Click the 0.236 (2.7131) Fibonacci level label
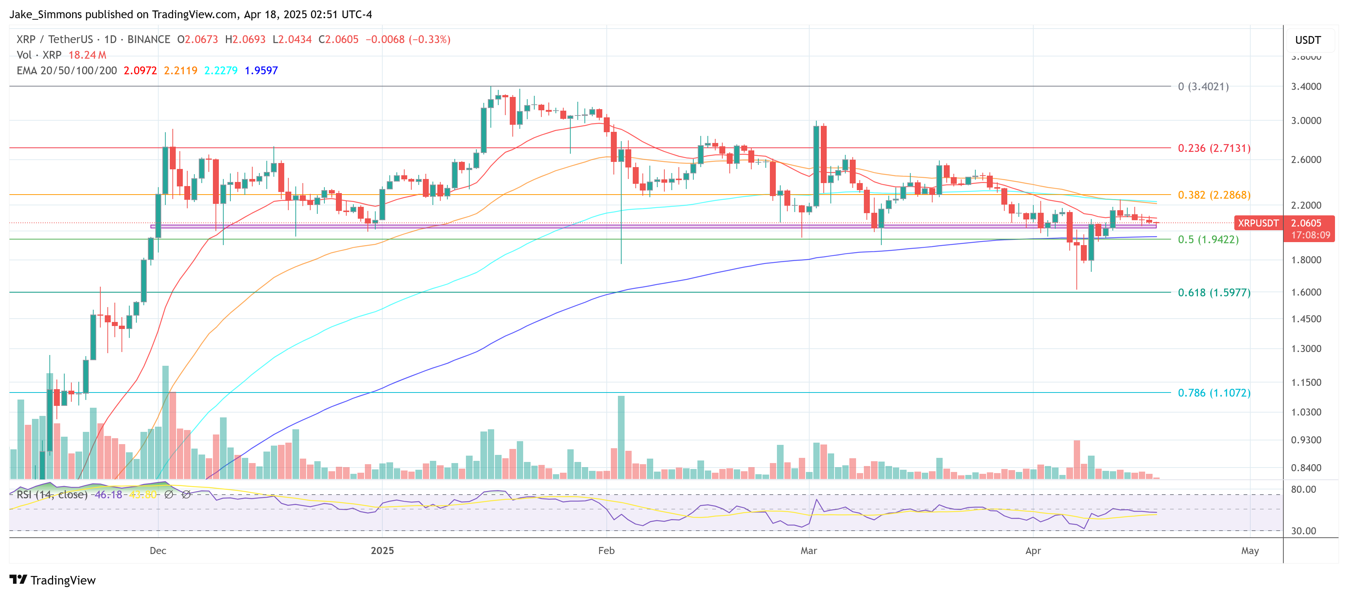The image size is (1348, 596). [x=1213, y=149]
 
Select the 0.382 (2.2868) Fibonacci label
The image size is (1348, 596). [x=1213, y=195]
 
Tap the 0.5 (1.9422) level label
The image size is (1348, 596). [x=1208, y=240]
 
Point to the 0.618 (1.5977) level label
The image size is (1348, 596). [x=1213, y=293]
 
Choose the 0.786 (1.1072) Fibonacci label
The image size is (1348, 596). [x=1213, y=393]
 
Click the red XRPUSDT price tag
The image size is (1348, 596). [x=1257, y=223]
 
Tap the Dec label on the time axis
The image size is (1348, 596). [x=158, y=551]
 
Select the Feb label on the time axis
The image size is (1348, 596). [x=606, y=551]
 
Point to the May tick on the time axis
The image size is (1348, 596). [x=1250, y=551]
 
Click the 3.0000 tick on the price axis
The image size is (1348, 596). [x=1306, y=121]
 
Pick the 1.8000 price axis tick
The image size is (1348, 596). [x=1306, y=260]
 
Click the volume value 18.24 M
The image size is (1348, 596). [x=87, y=55]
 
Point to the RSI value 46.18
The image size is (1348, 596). [x=108, y=495]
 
